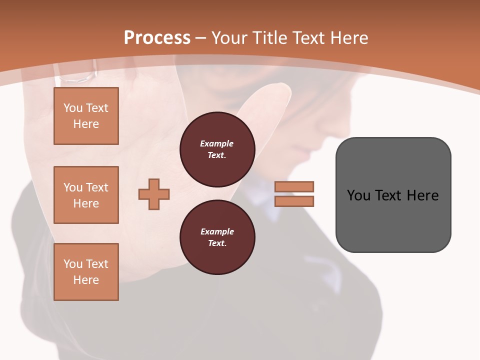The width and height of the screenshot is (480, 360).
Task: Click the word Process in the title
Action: (157, 38)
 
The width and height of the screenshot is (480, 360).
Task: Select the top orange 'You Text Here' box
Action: (86, 116)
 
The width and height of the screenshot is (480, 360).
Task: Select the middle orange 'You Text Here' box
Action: (86, 195)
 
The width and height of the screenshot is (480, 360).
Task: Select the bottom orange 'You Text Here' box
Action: (86, 272)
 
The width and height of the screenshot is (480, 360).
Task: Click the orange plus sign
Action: (154, 194)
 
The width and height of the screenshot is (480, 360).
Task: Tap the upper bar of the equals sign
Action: (294, 186)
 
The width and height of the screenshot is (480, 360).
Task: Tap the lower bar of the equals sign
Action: (294, 201)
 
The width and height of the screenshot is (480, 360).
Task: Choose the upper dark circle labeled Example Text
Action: (217, 149)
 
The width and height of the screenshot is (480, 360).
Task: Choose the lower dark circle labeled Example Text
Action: (217, 237)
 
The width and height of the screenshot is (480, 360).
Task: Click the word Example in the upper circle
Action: (217, 143)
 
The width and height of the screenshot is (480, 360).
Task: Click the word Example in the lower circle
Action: (217, 231)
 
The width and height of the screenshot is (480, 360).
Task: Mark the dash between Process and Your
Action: (200, 38)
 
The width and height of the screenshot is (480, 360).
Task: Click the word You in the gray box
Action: (359, 195)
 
